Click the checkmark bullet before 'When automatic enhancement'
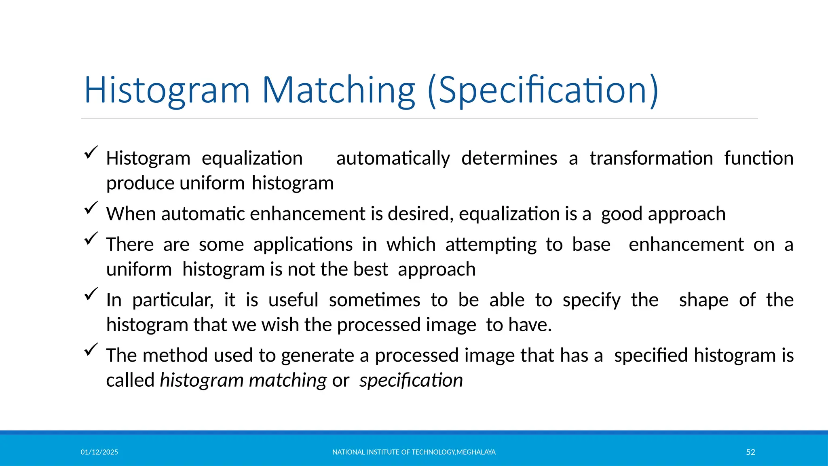tap(91, 208)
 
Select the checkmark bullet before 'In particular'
tap(91, 294)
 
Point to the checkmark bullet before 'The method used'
tap(91, 349)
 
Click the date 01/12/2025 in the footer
tap(99, 452)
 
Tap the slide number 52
tap(750, 452)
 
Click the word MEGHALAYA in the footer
tap(476, 452)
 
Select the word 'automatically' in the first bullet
tap(393, 159)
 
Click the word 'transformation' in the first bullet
tap(651, 159)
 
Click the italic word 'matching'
tap(287, 381)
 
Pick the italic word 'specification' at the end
tap(411, 381)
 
